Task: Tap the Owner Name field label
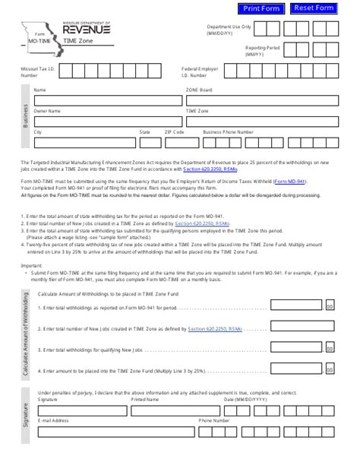tap(47, 110)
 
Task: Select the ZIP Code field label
tap(174, 131)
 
